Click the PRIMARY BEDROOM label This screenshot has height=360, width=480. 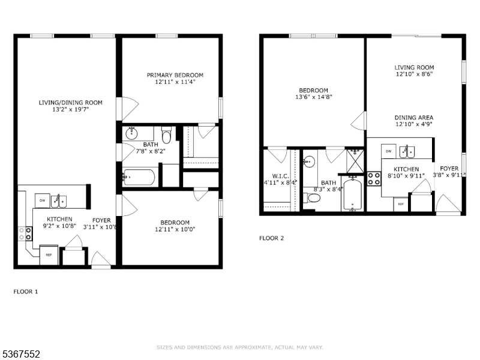click(175, 75)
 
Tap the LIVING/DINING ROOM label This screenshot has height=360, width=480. click(70, 103)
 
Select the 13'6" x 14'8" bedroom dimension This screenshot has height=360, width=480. click(313, 97)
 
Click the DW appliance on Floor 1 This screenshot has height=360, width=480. click(42, 200)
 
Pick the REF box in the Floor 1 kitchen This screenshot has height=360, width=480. click(49, 254)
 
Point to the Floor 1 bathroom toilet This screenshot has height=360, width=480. click(167, 135)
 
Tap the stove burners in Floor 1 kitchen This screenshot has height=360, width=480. click(25, 233)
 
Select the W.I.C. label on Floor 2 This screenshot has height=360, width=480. click(280, 176)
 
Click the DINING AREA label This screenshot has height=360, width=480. click(413, 118)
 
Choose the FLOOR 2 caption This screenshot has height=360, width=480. click(272, 238)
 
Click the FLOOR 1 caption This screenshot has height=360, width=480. click(26, 292)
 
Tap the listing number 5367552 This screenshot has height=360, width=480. click(20, 354)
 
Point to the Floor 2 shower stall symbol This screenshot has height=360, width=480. click(355, 161)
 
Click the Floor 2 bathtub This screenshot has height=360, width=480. click(353, 194)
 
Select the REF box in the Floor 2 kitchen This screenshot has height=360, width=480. click(401, 204)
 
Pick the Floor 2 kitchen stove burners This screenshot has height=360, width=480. click(374, 179)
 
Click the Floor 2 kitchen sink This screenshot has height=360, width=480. click(407, 152)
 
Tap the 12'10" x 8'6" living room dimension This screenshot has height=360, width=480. click(414, 74)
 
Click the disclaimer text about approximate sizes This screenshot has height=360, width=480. click(239, 347)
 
